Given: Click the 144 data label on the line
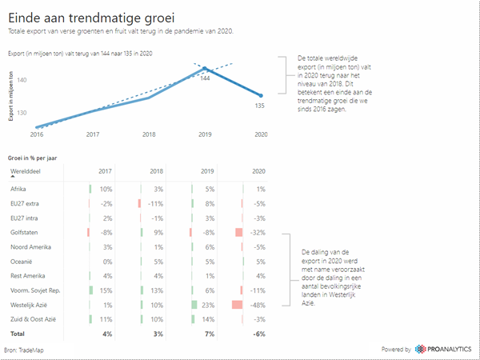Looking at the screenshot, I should [205, 78].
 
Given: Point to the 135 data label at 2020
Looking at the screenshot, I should [259, 105].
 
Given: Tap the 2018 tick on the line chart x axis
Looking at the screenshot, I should [149, 134].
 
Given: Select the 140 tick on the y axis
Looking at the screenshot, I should [22, 80].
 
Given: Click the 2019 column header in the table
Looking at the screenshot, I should [208, 172].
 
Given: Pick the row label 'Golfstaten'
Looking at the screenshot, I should [25, 232].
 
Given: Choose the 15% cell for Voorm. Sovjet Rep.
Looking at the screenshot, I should [106, 290].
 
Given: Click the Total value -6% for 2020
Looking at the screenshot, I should [258, 333].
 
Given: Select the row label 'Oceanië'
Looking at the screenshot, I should [22, 261].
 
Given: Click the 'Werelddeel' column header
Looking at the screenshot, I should [25, 172].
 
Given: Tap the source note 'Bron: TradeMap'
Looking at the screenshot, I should [26, 350].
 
